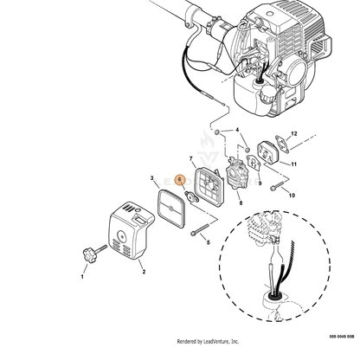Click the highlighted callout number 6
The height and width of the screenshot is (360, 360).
[x=179, y=180]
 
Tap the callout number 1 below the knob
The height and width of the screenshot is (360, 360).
[x=82, y=277]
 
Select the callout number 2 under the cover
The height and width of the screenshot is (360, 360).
[x=144, y=272]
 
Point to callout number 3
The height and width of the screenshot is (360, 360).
[x=152, y=178]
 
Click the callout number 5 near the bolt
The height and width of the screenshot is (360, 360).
[x=209, y=242]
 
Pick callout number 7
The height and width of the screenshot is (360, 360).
[x=190, y=158]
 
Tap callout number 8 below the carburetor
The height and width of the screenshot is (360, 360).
[x=241, y=203]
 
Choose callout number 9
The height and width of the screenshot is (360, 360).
[x=260, y=183]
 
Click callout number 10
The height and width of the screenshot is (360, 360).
[x=292, y=196]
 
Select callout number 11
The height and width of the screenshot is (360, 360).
[x=293, y=164]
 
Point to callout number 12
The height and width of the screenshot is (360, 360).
[x=294, y=133]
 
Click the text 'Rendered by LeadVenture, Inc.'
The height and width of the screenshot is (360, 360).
[x=208, y=342]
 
